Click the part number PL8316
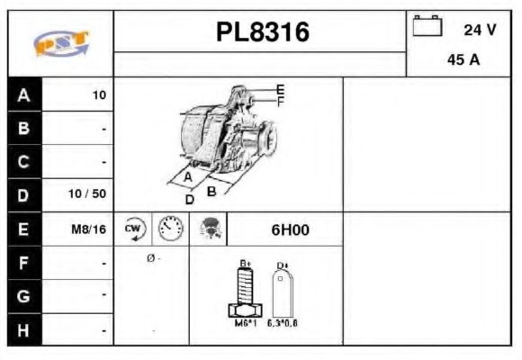coord(262,32)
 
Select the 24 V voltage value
coord(480,30)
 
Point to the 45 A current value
coord(463,62)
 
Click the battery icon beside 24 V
coord(427,26)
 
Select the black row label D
coord(23,194)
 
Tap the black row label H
coord(23,330)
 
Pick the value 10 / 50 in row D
coord(89,194)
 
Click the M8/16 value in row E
coord(89,229)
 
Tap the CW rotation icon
coord(133,229)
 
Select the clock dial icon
coord(169,229)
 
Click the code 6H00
coord(290,229)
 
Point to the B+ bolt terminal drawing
coord(244,291)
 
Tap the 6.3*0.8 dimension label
coord(283,322)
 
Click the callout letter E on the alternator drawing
coord(280,90)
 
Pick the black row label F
coord(23,264)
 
